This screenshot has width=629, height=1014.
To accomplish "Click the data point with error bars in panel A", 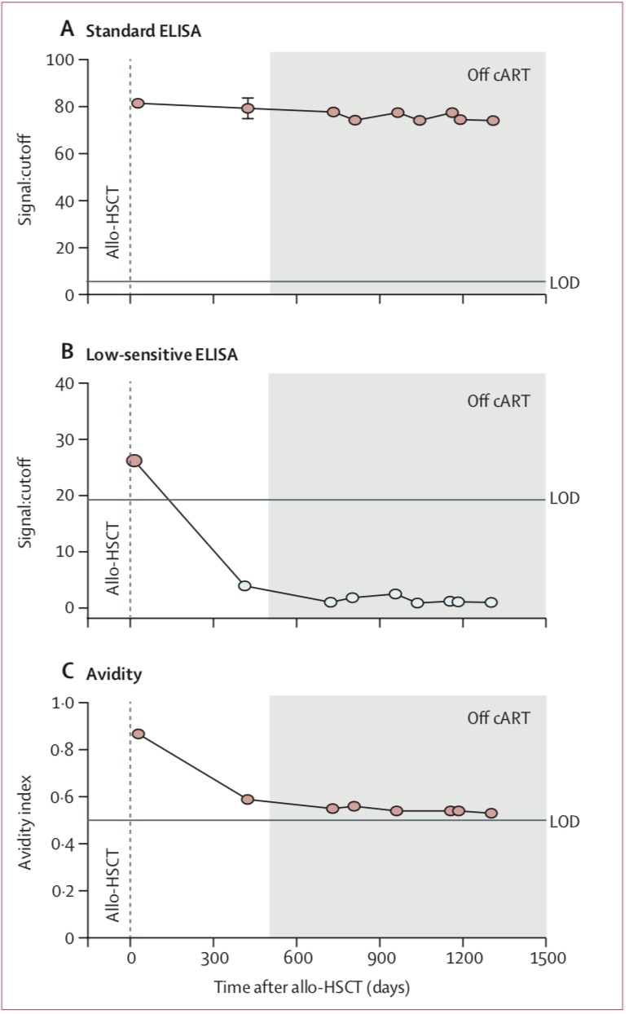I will (248, 108).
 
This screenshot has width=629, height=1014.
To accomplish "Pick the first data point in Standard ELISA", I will (139, 104).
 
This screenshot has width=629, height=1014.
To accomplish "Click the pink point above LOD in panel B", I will (134, 461).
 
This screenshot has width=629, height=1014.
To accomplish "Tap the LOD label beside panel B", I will (565, 499).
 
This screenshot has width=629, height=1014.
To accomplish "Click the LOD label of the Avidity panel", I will (565, 822).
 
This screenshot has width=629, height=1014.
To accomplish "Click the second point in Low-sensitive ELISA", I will (244, 585).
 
